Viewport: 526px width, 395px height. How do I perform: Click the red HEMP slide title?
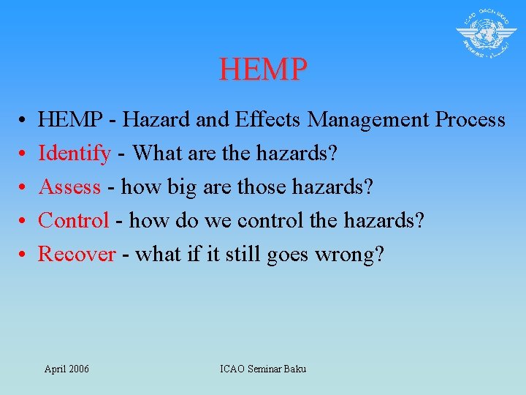pos(263,69)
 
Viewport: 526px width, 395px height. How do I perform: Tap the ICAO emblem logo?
pos(487,34)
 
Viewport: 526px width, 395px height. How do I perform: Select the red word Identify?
pos(75,154)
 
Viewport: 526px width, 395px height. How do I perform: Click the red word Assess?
pos(69,187)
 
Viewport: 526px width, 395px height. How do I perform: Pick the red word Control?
pos(73,220)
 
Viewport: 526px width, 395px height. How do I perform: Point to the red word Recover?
pos(77,254)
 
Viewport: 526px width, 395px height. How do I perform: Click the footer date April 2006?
pos(66,369)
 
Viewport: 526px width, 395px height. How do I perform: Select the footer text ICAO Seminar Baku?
pos(263,369)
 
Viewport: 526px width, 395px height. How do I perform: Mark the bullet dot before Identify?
pos(23,154)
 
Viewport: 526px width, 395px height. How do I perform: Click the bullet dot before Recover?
pos(23,255)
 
